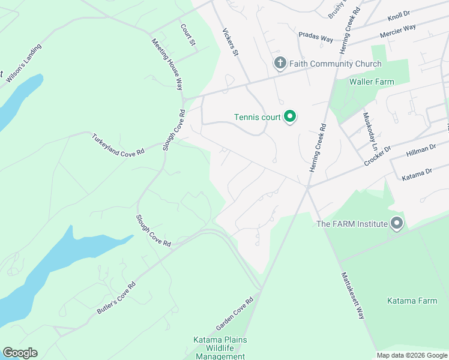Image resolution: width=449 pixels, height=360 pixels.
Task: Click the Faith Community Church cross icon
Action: (x=280, y=63)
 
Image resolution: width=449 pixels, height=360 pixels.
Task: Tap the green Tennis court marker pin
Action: (x=290, y=116)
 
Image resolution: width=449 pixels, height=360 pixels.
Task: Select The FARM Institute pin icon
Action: (x=396, y=224)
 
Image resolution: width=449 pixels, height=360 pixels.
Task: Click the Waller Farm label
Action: (x=372, y=82)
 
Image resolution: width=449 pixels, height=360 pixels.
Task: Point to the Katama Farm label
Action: (x=412, y=301)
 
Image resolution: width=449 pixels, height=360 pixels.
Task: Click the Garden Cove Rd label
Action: (x=235, y=314)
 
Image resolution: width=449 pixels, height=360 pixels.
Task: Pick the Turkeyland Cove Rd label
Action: (x=118, y=145)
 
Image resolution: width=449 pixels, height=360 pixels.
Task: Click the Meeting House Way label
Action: (x=167, y=64)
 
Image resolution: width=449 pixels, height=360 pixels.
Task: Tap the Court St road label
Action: (x=188, y=35)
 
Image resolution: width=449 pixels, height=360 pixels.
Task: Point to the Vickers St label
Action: (x=231, y=43)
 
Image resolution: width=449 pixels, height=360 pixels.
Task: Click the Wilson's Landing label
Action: (x=24, y=62)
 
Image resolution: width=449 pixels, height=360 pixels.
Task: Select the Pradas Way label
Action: (x=316, y=38)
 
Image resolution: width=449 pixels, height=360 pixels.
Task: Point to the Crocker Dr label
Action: (x=378, y=156)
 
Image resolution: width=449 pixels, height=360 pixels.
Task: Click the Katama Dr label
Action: (x=417, y=173)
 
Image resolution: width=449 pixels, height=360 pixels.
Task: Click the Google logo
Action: (x=20, y=353)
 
